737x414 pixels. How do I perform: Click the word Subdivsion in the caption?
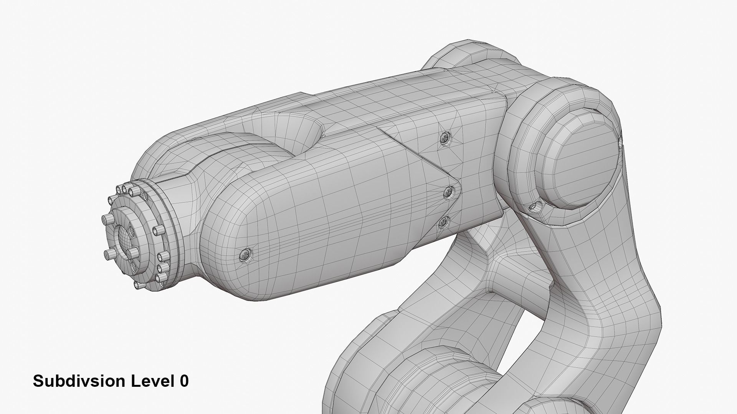tap(79, 381)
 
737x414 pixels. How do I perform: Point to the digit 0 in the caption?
tap(184, 381)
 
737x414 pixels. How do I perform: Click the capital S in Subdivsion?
tap(38, 381)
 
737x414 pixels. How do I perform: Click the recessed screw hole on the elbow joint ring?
tap(534, 207)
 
